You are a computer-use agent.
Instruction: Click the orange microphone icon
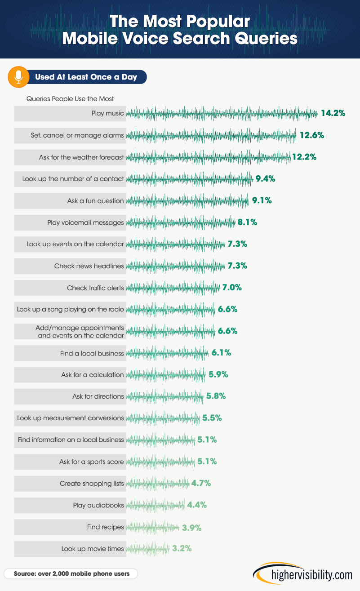pos(18,77)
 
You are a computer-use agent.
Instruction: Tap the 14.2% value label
pos(333,113)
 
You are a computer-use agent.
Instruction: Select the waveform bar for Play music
pos(222,114)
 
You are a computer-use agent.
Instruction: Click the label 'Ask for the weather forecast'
pos(81,157)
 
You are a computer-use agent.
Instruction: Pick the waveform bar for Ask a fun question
pos(187,201)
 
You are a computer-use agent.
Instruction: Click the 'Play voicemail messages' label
pos(85,222)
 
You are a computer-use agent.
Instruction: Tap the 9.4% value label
pos(265,179)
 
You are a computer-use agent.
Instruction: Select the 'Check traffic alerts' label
pos(95,288)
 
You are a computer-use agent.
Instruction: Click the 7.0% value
pos(232,288)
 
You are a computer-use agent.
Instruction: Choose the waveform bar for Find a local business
pos(168,353)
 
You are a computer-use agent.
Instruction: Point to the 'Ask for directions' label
pos(98,396)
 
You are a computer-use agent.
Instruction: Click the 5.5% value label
pos(212,418)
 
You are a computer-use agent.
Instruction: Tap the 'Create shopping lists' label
pos(92,484)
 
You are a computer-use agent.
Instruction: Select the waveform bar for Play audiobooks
pos(156,505)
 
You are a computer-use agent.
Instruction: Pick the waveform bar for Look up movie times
pos(148,549)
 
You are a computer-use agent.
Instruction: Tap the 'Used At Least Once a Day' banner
pos(86,77)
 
